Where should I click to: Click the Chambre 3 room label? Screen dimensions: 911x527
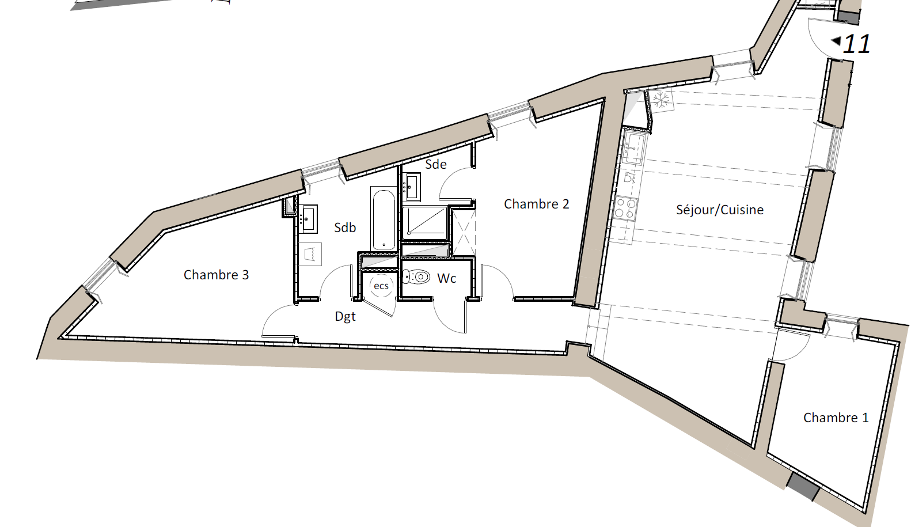216,275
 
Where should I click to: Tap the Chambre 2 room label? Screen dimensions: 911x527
537,204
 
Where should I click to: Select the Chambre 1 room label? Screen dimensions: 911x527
836,418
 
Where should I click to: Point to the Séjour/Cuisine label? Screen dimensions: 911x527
720,210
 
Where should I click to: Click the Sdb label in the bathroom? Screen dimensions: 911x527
345,228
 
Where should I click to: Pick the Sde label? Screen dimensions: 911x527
436,164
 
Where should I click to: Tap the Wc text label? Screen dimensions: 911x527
446,279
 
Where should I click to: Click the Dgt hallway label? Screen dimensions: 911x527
346,317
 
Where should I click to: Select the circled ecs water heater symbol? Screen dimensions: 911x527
381,286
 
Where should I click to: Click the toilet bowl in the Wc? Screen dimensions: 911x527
416,277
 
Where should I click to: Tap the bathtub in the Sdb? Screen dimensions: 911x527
384,219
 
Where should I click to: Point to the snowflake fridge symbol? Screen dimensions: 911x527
661,100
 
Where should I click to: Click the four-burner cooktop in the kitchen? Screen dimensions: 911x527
625,208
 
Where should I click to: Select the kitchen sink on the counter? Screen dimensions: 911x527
633,149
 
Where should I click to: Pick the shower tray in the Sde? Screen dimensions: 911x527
425,222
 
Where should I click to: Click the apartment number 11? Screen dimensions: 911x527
856,44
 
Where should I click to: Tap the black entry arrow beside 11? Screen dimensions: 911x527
836,41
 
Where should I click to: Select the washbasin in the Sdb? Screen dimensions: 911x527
308,219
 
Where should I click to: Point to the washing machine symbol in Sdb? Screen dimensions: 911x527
310,254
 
